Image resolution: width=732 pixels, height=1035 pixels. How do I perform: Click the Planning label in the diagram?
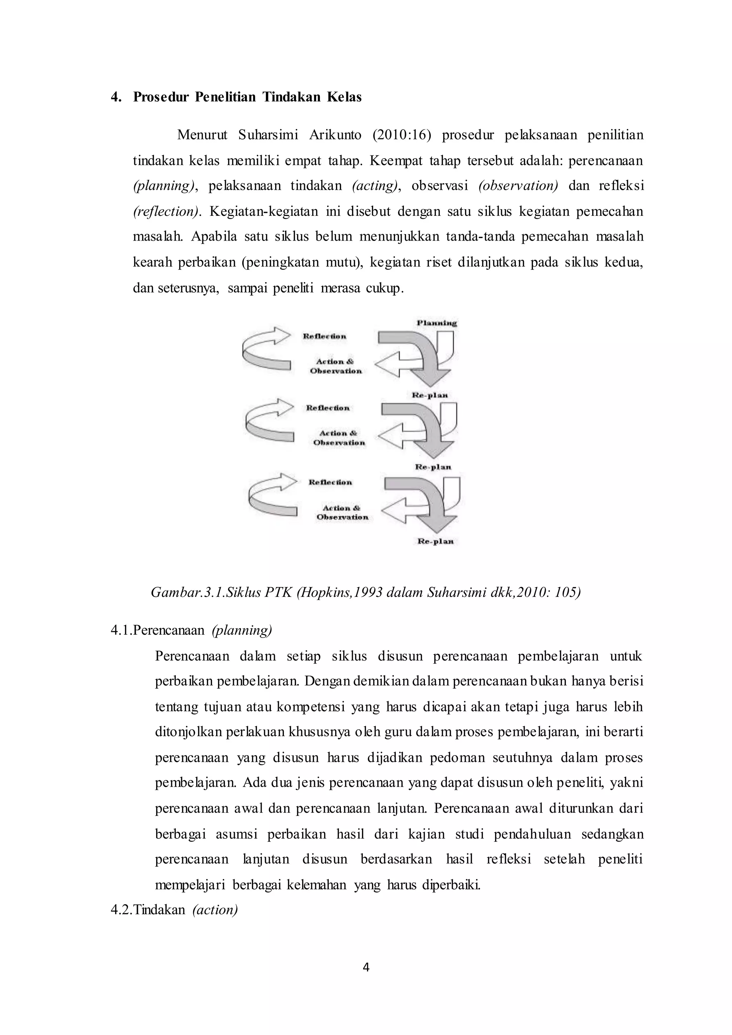click(x=436, y=323)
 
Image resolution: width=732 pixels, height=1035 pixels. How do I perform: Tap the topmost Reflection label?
click(x=325, y=336)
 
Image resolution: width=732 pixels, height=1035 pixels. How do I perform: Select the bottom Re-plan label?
click(x=435, y=541)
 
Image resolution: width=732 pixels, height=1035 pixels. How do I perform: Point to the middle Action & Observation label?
click(x=339, y=438)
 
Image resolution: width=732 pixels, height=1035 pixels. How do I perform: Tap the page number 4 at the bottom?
click(x=366, y=967)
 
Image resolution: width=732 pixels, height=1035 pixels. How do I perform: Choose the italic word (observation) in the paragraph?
click(x=518, y=186)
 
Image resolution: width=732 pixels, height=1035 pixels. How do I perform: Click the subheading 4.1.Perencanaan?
click(x=157, y=630)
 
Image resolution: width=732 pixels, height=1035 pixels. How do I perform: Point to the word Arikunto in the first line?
click(x=335, y=135)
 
